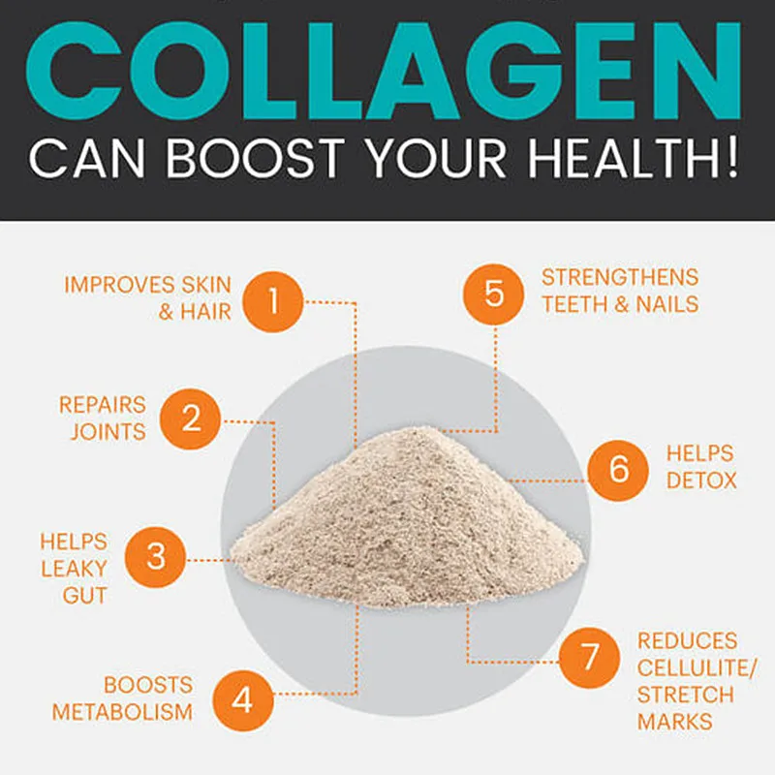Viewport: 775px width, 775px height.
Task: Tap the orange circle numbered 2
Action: pos(192,418)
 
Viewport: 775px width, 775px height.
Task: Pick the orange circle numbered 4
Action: pos(242,697)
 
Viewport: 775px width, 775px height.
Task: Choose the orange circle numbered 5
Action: pos(494,292)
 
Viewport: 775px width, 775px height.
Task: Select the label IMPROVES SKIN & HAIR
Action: pos(148,298)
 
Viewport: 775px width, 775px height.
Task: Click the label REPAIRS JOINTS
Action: pos(103,418)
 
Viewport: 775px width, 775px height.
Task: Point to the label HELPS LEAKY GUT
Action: pos(74,569)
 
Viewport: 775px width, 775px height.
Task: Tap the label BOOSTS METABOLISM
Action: pos(123,698)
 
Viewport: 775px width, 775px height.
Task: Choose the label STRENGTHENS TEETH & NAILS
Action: pos(620,291)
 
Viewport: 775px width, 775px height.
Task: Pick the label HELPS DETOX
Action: pos(700,467)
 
